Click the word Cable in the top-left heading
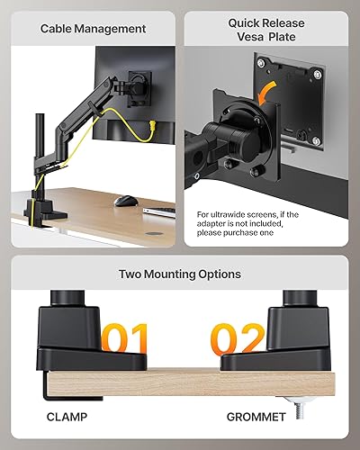58,29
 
